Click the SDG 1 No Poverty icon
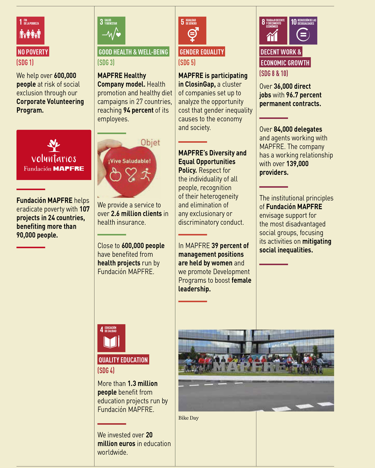coord(30,30)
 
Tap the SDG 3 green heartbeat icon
coord(111,30)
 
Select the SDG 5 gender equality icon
coord(192,30)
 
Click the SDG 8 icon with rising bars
coord(273,30)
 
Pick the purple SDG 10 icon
coord(303,30)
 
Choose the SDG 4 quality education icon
coord(111,338)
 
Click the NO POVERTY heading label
coord(33,52)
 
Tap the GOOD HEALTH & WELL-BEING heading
coord(133,52)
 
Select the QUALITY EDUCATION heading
coord(123,360)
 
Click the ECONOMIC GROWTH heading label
coord(285,63)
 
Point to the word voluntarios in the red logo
coord(54,158)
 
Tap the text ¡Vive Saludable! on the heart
coord(129,161)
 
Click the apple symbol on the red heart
coord(115,175)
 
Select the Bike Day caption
coord(188,418)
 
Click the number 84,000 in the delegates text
coord(283,129)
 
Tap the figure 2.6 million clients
coord(136,214)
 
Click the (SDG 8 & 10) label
coord(274,73)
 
